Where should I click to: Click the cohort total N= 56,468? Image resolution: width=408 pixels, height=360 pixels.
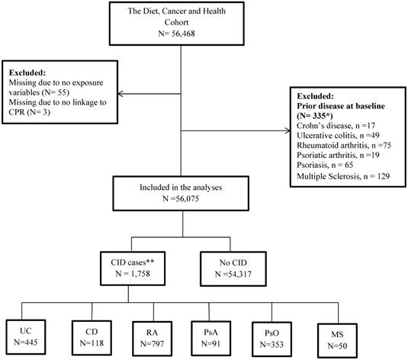pyautogui.click(x=176, y=34)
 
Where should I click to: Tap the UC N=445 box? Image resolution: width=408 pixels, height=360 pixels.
pyautogui.click(x=26, y=337)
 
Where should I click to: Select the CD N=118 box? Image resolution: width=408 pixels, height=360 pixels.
pyautogui.click(x=92, y=338)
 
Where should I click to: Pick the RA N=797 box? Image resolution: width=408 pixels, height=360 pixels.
pyautogui.click(x=153, y=339)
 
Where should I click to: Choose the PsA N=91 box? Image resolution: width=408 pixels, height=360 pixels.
pyautogui.click(x=210, y=338)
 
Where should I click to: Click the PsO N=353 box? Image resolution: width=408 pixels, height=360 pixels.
pyautogui.click(x=271, y=339)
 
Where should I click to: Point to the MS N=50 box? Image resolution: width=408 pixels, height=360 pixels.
pyautogui.click(x=337, y=340)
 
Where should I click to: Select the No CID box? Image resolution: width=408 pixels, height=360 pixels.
pyautogui.click(x=233, y=268)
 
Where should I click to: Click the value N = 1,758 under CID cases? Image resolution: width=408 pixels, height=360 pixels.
pyautogui.click(x=133, y=274)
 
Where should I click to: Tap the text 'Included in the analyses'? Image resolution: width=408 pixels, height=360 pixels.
pyautogui.click(x=181, y=188)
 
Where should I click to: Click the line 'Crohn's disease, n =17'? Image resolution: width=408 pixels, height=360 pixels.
pyautogui.click(x=336, y=126)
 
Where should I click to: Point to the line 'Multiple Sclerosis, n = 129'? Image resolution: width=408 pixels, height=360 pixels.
pyautogui.click(x=343, y=176)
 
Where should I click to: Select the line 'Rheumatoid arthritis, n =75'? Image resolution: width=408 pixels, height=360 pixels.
pyautogui.click(x=344, y=145)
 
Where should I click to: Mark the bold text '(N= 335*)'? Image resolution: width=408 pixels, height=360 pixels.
pyautogui.click(x=315, y=116)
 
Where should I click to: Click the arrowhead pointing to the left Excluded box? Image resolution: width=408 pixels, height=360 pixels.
pyautogui.click(x=120, y=94)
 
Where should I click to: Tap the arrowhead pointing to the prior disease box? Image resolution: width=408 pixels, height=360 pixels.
pyautogui.click(x=288, y=131)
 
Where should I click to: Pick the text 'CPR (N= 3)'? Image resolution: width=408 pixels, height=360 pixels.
pyautogui.click(x=30, y=112)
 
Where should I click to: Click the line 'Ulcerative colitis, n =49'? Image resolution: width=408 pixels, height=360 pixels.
pyautogui.click(x=338, y=135)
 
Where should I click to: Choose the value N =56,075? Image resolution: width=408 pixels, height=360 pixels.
pyautogui.click(x=181, y=198)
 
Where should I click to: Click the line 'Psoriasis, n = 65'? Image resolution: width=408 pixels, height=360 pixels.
pyautogui.click(x=325, y=165)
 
